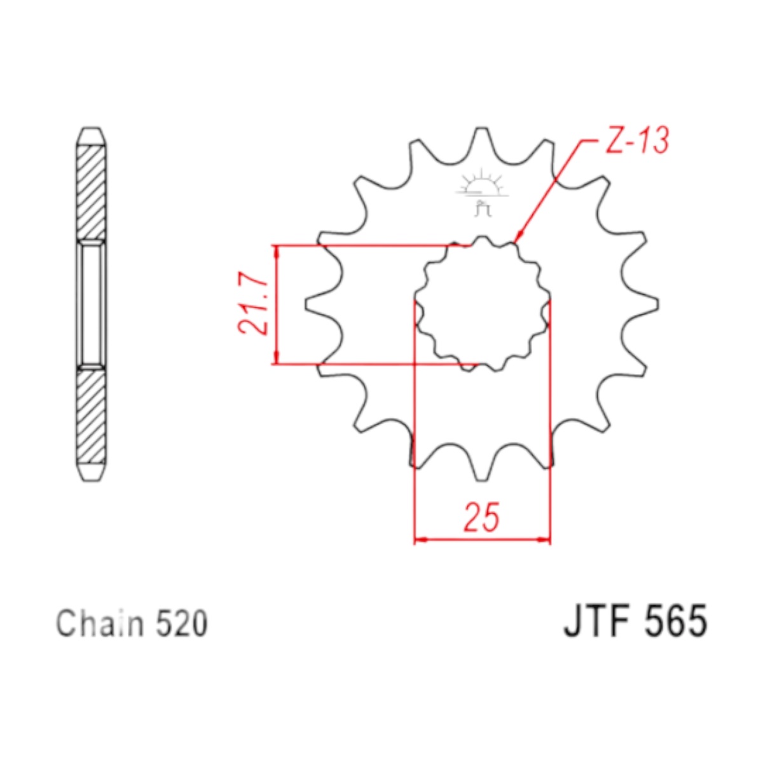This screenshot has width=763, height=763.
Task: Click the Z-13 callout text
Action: [637, 140]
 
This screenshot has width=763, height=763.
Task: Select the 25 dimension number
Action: [481, 517]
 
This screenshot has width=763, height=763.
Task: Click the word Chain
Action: [100, 624]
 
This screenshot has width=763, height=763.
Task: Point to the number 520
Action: [182, 624]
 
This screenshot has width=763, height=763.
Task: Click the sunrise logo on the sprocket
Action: [481, 192]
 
